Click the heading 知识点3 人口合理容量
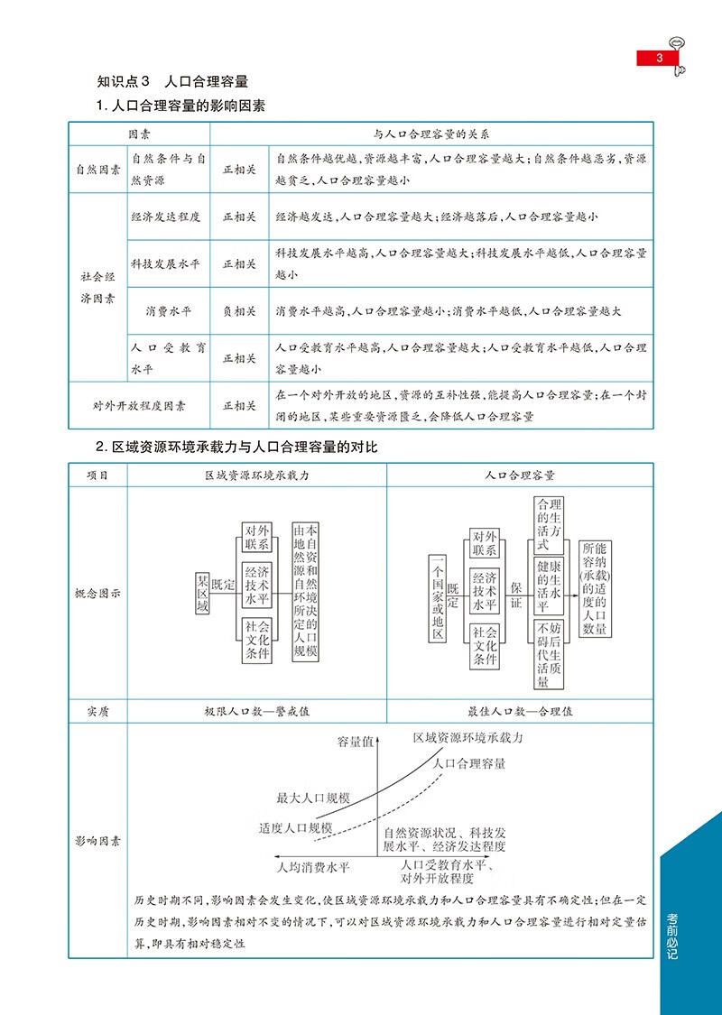171,81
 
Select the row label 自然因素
98,169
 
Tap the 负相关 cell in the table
240,311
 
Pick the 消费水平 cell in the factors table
169,311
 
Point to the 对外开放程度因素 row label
140,405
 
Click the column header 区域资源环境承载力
257,475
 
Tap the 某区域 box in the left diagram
203,593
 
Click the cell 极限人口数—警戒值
257,711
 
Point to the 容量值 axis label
356,743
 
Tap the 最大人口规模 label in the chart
313,798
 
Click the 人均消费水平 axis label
312,867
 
